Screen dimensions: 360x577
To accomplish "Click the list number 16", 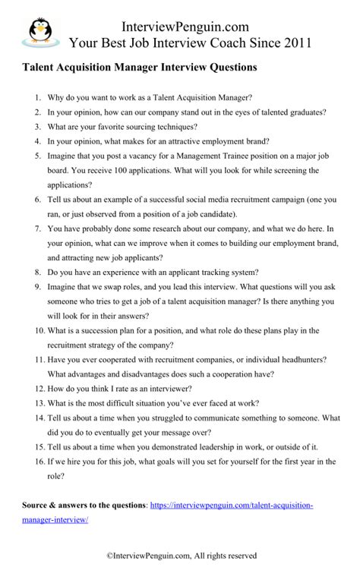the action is [x=36, y=461].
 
